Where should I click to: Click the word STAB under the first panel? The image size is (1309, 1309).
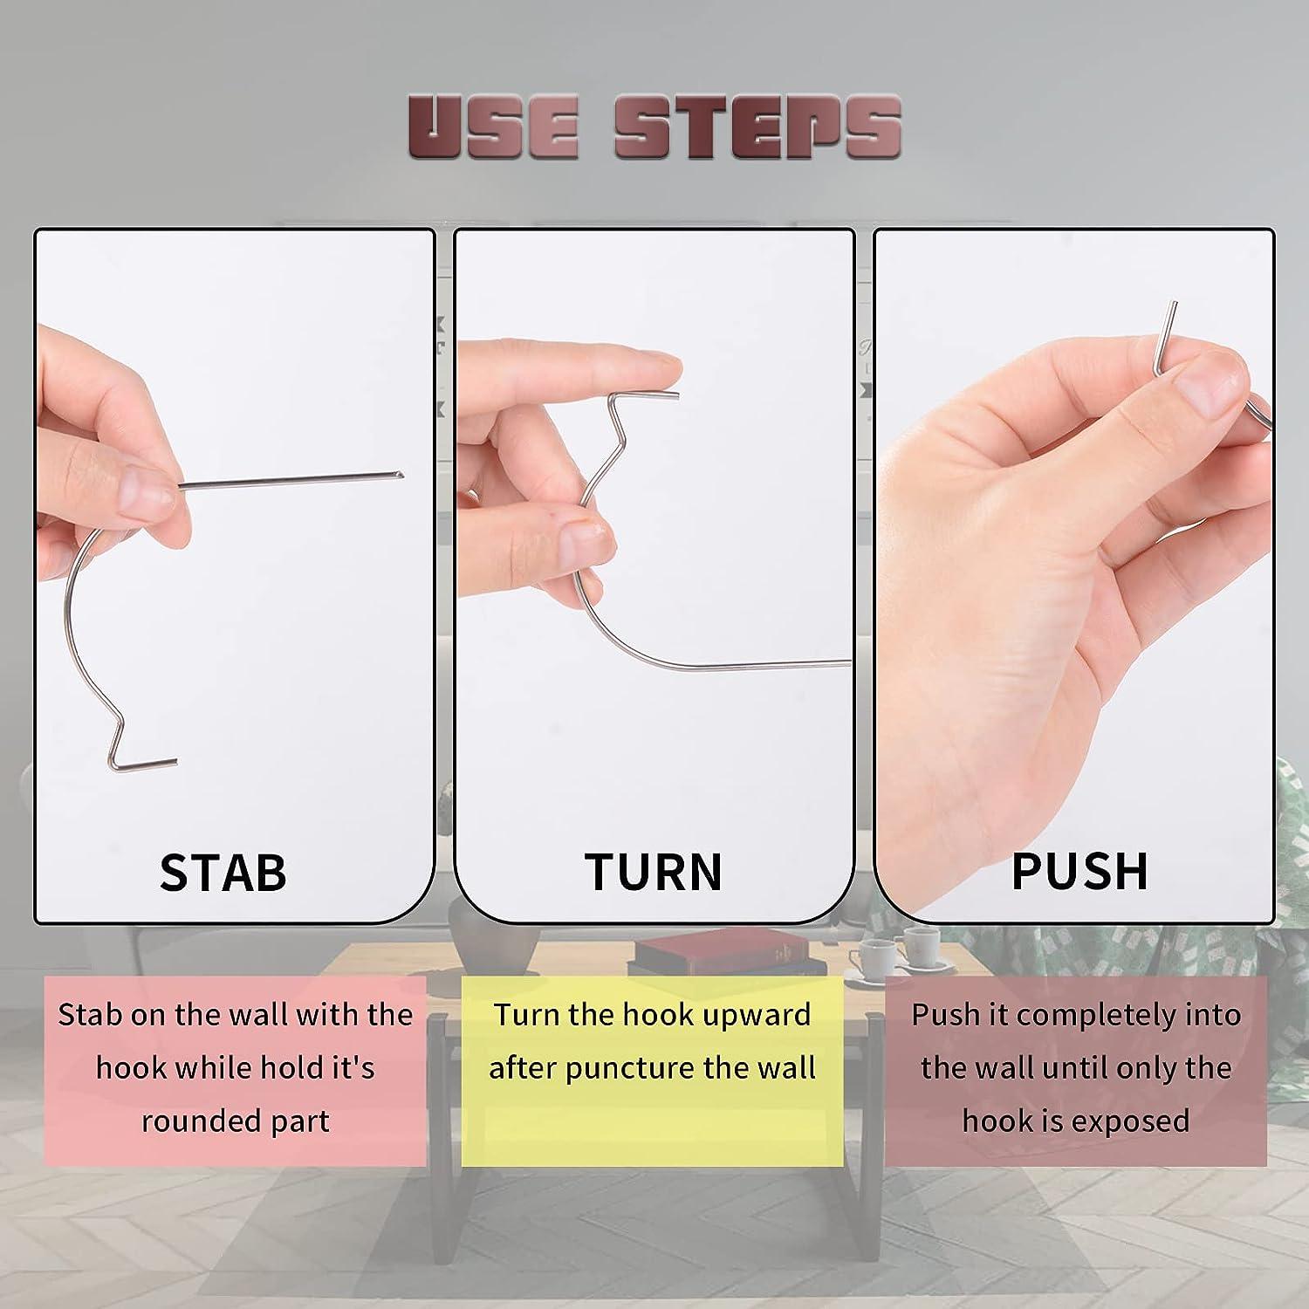point(223,872)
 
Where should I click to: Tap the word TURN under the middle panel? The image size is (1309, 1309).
point(654,872)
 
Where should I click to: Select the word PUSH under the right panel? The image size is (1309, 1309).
point(1079,870)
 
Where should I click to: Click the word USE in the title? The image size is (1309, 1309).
point(493,128)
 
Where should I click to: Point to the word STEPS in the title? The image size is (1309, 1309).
point(757,128)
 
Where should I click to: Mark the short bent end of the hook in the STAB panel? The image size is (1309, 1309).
point(148,764)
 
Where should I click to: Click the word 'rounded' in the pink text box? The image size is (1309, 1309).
point(187,1121)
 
